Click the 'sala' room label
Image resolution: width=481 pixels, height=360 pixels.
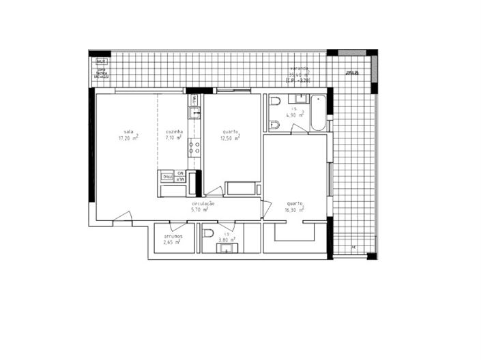pos(128,132)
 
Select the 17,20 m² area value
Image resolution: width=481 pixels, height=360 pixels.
pos(128,138)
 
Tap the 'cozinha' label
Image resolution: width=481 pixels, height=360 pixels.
pos(174,132)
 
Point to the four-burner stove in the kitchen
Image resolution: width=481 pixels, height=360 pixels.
pos(194,147)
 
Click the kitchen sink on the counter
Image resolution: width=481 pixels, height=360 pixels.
pos(194,112)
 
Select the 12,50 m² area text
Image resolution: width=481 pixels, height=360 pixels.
pos(230,138)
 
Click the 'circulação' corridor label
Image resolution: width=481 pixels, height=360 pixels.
pos(203,204)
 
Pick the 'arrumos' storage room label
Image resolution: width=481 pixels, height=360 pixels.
pos(173,236)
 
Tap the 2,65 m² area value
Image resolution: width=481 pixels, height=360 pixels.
pos(172,242)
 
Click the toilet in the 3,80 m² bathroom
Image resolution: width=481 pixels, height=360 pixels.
pos(207,233)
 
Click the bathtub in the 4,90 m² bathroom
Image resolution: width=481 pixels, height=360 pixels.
pos(318,113)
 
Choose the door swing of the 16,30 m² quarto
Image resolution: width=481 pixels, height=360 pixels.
pos(267,207)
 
